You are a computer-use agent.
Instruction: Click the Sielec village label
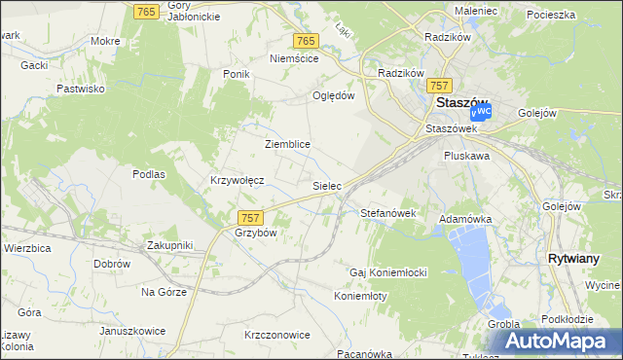326,184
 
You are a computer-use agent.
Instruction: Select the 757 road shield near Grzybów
249,218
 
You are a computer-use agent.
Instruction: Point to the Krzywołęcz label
238,181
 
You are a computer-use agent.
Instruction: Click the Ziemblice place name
287,144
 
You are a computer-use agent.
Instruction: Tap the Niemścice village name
294,58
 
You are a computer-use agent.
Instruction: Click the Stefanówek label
388,212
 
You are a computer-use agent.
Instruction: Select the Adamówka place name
465,220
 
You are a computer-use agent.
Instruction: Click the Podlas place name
149,174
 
